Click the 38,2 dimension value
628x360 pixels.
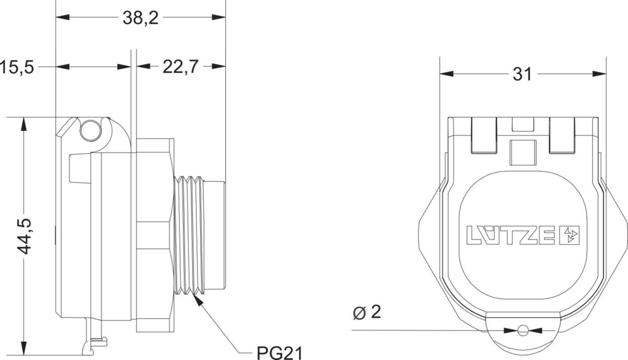[x=140, y=18]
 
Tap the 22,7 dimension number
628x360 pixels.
[x=180, y=67]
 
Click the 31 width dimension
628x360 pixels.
[x=522, y=74]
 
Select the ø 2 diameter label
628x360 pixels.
[x=367, y=313]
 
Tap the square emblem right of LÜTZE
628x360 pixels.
[x=569, y=235]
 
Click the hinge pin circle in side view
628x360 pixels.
[x=90, y=131]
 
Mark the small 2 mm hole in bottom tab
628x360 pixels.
[x=522, y=330]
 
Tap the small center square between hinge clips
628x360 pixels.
[x=522, y=152]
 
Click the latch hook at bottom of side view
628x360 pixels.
[x=95, y=341]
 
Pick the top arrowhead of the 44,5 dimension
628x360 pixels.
[x=24, y=124]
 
